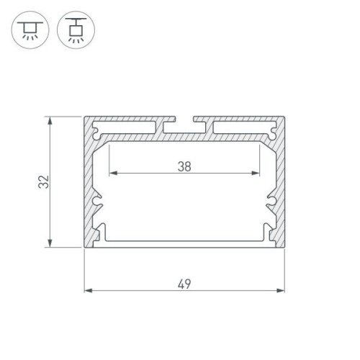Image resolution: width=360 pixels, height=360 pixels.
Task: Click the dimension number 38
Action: tap(184, 166)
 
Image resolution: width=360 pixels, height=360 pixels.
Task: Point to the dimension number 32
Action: tap(45, 183)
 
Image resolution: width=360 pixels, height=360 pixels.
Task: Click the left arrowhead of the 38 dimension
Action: tap(112, 174)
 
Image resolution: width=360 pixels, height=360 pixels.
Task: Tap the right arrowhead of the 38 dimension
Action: tap(256, 174)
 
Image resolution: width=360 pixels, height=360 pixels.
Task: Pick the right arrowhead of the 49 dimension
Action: tap(280, 290)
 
